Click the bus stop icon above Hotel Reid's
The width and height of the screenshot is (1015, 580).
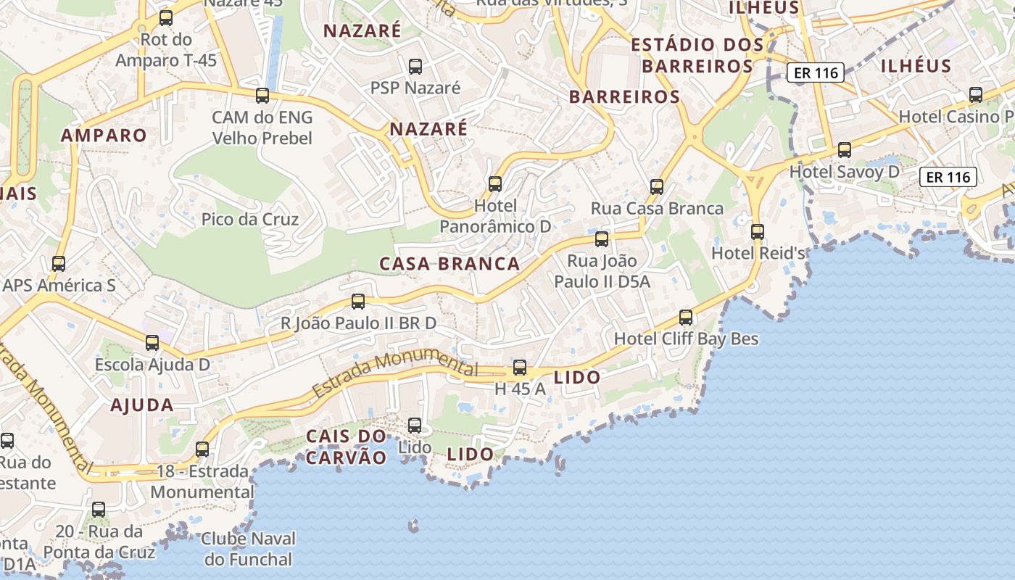(x=758, y=232)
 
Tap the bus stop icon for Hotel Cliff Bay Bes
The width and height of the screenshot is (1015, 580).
(x=686, y=317)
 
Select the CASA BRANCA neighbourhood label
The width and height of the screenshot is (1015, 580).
(x=449, y=264)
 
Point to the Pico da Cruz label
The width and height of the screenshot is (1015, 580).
(x=250, y=219)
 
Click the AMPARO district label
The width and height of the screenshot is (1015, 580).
(x=104, y=135)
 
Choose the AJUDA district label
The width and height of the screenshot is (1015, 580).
(x=142, y=405)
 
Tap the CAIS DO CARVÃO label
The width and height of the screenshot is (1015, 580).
(x=347, y=447)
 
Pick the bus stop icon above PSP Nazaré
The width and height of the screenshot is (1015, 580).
(x=415, y=67)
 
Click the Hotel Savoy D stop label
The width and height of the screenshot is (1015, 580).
(x=844, y=172)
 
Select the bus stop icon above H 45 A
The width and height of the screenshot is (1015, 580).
(x=520, y=368)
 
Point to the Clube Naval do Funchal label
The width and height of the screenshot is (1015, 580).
(x=249, y=549)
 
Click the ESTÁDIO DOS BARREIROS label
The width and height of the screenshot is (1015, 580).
(x=697, y=55)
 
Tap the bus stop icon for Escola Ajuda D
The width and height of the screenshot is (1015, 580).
(x=152, y=343)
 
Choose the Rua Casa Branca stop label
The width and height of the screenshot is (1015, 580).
(x=657, y=209)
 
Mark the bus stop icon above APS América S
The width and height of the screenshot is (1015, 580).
(x=59, y=264)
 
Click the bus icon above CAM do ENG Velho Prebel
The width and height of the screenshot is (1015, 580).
(x=262, y=95)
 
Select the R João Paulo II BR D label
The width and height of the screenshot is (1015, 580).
(x=358, y=323)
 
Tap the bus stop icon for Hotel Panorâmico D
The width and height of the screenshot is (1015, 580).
(x=495, y=184)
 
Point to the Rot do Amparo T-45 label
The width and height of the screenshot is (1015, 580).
(x=166, y=49)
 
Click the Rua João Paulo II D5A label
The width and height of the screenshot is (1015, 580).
(x=602, y=270)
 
